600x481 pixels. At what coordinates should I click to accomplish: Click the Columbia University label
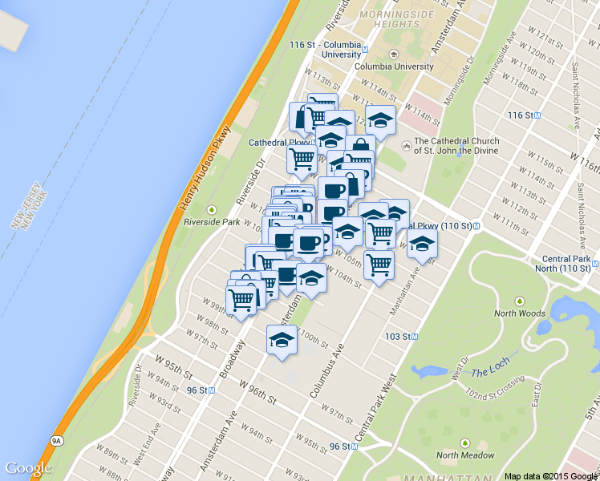pos(393,67)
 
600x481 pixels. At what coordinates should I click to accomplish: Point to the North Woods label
pos(520,313)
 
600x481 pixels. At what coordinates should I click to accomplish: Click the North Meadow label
pos(465,455)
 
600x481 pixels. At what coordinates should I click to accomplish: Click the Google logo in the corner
pos(28,468)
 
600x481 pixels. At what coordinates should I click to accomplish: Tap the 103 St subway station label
pos(399,337)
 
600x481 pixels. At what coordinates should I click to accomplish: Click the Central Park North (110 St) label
pos(567,263)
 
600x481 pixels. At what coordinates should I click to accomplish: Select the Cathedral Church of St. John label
pos(456,146)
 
